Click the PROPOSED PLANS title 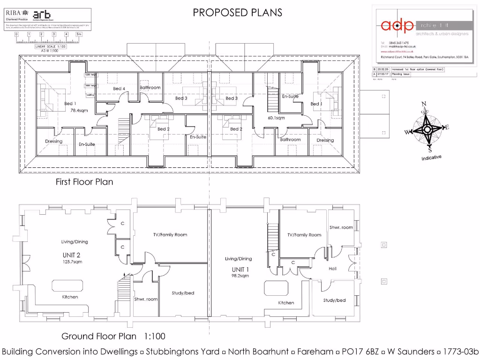click(x=238, y=12)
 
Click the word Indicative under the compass click(x=431, y=157)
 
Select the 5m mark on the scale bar click(x=79, y=34)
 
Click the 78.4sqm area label click(x=79, y=111)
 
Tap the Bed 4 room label click(x=119, y=89)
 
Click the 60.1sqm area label click(x=277, y=118)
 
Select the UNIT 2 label click(x=72, y=255)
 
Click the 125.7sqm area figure click(x=72, y=262)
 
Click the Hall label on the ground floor click(x=333, y=269)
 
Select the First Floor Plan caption click(x=84, y=182)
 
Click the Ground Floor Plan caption click(x=99, y=336)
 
